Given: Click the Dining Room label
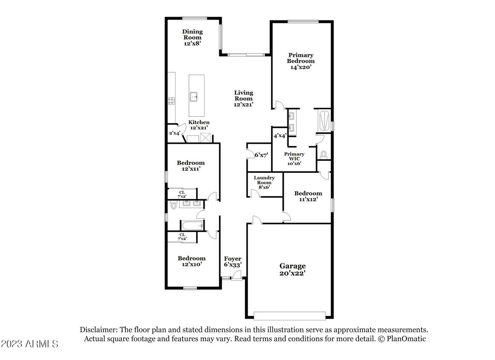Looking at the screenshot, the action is click(192, 35).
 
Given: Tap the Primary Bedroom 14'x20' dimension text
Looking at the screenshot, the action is click(301, 67).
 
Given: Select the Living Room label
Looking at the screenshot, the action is click(243, 96).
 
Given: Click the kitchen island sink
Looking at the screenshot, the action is click(194, 97).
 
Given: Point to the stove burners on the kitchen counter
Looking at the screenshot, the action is click(171, 101).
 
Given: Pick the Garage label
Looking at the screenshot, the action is click(292, 266).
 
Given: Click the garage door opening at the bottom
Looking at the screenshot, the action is click(289, 316).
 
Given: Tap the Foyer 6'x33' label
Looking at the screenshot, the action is click(233, 262).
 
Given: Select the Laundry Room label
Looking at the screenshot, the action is click(264, 180).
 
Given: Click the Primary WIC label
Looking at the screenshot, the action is click(294, 156).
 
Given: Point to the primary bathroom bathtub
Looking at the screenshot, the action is click(322, 120).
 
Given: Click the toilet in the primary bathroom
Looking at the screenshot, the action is click(323, 154).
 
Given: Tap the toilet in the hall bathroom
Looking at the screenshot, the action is click(173, 206).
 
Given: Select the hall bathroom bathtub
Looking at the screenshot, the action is click(192, 226).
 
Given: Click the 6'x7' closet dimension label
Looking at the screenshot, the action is click(261, 155).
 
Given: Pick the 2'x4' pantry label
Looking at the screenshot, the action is click(174, 133).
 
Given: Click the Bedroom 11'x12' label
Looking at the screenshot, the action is click(308, 196).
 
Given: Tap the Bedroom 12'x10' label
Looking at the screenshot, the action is click(191, 261).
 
